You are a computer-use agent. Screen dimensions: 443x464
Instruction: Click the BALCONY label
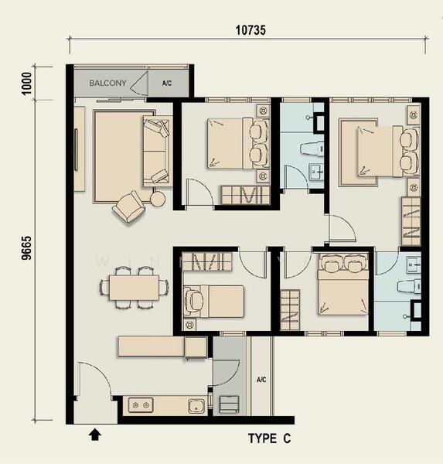click(107, 84)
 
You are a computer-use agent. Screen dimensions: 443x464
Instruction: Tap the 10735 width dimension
click(250, 30)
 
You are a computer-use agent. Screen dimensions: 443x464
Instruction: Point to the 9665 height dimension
click(26, 248)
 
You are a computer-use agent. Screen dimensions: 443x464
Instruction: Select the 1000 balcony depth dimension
click(26, 84)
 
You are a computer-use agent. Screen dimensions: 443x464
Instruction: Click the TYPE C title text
click(270, 438)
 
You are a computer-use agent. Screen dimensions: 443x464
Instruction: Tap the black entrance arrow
click(95, 435)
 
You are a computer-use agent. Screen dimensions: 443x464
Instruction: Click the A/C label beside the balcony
click(166, 84)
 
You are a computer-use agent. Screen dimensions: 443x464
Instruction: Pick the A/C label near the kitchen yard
click(261, 380)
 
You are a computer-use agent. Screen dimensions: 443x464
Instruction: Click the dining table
click(134, 288)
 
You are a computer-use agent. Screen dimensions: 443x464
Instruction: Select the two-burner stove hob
click(141, 405)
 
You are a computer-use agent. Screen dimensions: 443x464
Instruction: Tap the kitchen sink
click(196, 406)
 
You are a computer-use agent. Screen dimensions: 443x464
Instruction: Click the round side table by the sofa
click(158, 199)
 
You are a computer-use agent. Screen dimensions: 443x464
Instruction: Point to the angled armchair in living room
click(129, 206)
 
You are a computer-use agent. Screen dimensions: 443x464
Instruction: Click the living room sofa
click(158, 152)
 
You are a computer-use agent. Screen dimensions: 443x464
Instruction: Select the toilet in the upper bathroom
click(312, 148)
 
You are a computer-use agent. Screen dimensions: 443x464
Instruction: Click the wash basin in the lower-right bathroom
click(414, 264)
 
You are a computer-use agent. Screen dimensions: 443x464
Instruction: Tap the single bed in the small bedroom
click(213, 302)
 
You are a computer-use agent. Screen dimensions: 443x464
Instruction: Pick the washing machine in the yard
click(229, 404)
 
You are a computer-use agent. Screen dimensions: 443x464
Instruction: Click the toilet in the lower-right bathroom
click(409, 287)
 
